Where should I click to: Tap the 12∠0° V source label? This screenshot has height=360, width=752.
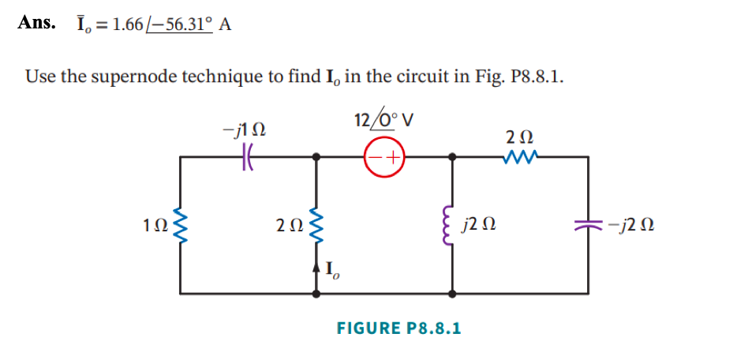point(384,121)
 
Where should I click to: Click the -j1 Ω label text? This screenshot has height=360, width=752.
point(244,129)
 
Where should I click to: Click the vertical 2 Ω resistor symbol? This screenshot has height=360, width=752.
point(317,227)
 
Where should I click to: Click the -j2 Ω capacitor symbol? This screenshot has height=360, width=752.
point(588,227)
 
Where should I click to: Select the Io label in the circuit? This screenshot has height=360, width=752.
point(333,272)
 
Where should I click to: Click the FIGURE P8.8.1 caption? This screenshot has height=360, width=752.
point(398,327)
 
